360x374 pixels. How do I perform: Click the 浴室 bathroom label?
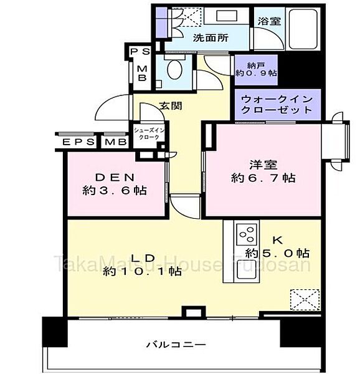pos(269,21)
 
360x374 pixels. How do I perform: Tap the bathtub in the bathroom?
pos(303,29)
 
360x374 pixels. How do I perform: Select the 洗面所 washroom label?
pos(211,37)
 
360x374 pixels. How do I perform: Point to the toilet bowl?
pos(174,69)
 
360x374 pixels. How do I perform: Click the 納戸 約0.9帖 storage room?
pos(256,70)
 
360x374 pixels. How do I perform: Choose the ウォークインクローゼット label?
pos(277,105)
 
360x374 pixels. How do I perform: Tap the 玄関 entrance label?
pos(171,106)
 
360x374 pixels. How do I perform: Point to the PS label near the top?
pos(141,52)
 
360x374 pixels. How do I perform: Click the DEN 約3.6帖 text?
pos(115,184)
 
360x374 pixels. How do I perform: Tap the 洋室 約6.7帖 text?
pos(263,171)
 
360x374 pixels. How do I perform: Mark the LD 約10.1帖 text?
pos(143,265)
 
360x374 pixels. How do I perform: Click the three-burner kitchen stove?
pos(247,234)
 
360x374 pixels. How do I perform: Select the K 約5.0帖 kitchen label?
pos(278,247)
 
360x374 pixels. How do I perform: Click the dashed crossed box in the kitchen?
pos(305,300)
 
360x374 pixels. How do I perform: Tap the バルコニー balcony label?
pos(176,345)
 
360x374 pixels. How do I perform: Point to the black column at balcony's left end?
pos(55,332)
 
